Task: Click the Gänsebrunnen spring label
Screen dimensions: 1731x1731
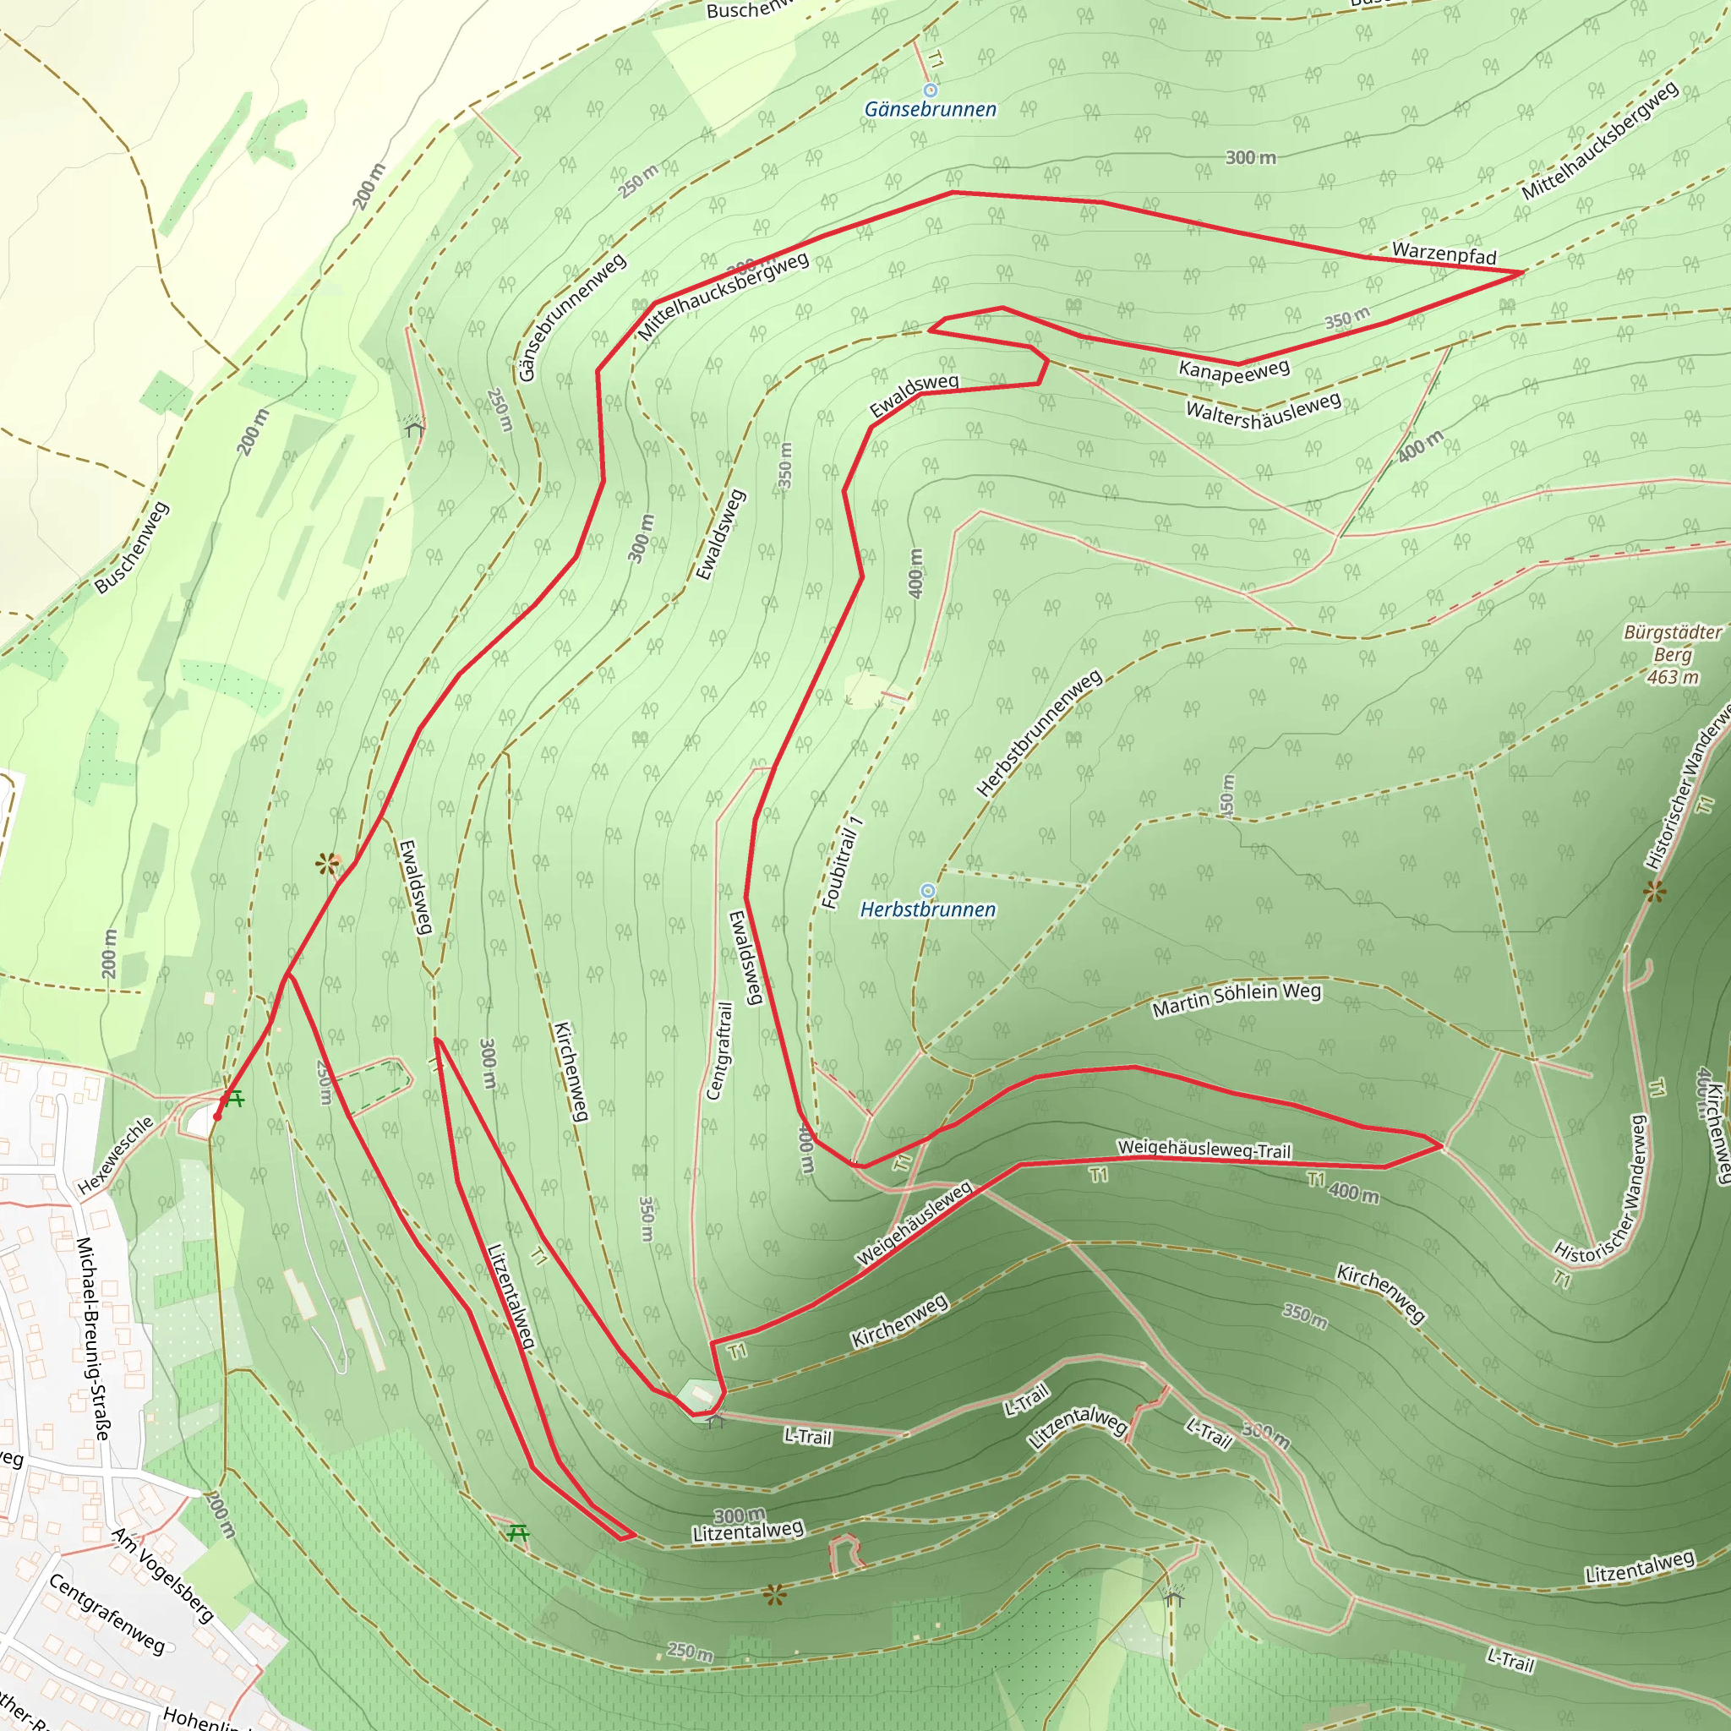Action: pyautogui.click(x=930, y=109)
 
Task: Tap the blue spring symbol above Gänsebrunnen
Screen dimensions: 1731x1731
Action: pyautogui.click(x=930, y=90)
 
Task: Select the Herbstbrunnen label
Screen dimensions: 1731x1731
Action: pyautogui.click(x=927, y=909)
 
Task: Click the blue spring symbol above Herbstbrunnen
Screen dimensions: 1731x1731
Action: pyautogui.click(x=928, y=890)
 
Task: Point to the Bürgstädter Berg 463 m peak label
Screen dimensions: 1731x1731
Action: pyautogui.click(x=1672, y=654)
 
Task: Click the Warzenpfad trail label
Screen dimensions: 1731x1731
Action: pyautogui.click(x=1444, y=254)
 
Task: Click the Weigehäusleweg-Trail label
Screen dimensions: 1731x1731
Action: pyautogui.click(x=1204, y=1149)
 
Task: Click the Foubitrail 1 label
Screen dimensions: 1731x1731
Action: pyautogui.click(x=841, y=862)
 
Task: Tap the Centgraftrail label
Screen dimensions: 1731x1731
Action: pyautogui.click(x=719, y=1050)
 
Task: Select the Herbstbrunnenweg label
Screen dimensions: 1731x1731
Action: pyautogui.click(x=1039, y=733)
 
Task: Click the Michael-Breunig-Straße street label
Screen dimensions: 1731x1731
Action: pyautogui.click(x=93, y=1339)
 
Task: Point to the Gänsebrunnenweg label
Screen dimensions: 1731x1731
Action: pyautogui.click(x=571, y=318)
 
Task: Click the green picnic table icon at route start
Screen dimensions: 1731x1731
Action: pyautogui.click(x=235, y=1099)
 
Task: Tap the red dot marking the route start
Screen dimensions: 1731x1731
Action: pyautogui.click(x=217, y=1117)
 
